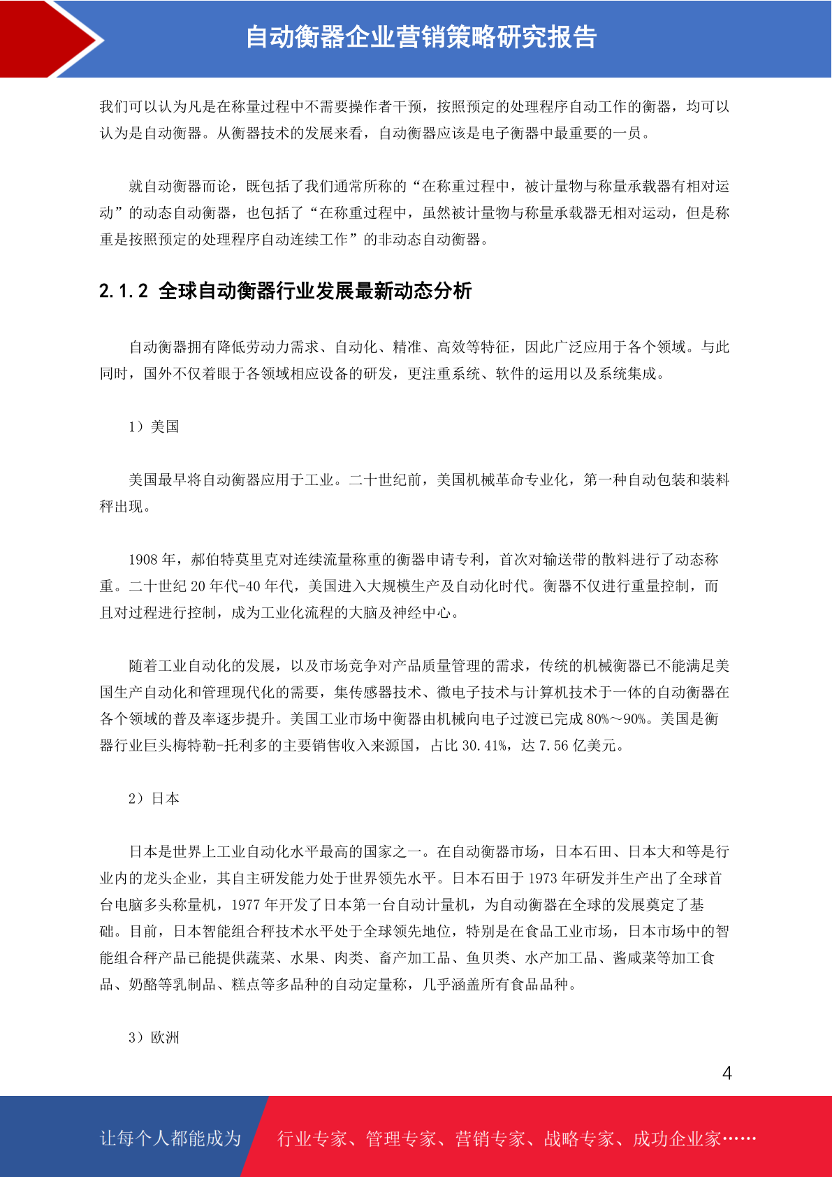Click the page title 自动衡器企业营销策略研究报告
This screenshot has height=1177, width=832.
(x=421, y=38)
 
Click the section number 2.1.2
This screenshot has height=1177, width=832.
(x=124, y=291)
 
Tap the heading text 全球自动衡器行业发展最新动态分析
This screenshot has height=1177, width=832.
(x=315, y=291)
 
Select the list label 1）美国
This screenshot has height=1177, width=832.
(x=154, y=426)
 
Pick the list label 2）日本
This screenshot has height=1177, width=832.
(x=154, y=798)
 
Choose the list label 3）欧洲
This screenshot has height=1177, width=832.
(x=154, y=1037)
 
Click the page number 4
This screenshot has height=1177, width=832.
(x=727, y=1074)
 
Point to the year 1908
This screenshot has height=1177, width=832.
(x=143, y=559)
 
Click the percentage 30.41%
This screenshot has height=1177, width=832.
(x=485, y=745)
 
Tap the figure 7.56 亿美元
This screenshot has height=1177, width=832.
(x=578, y=745)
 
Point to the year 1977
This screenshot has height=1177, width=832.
(x=245, y=904)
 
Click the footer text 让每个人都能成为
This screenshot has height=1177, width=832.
(x=170, y=1139)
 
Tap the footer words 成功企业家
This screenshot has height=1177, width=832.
(x=676, y=1139)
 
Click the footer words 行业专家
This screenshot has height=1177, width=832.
(x=312, y=1139)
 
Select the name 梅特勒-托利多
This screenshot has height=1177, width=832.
(x=223, y=745)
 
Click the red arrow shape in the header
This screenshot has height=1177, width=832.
(x=49, y=38)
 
